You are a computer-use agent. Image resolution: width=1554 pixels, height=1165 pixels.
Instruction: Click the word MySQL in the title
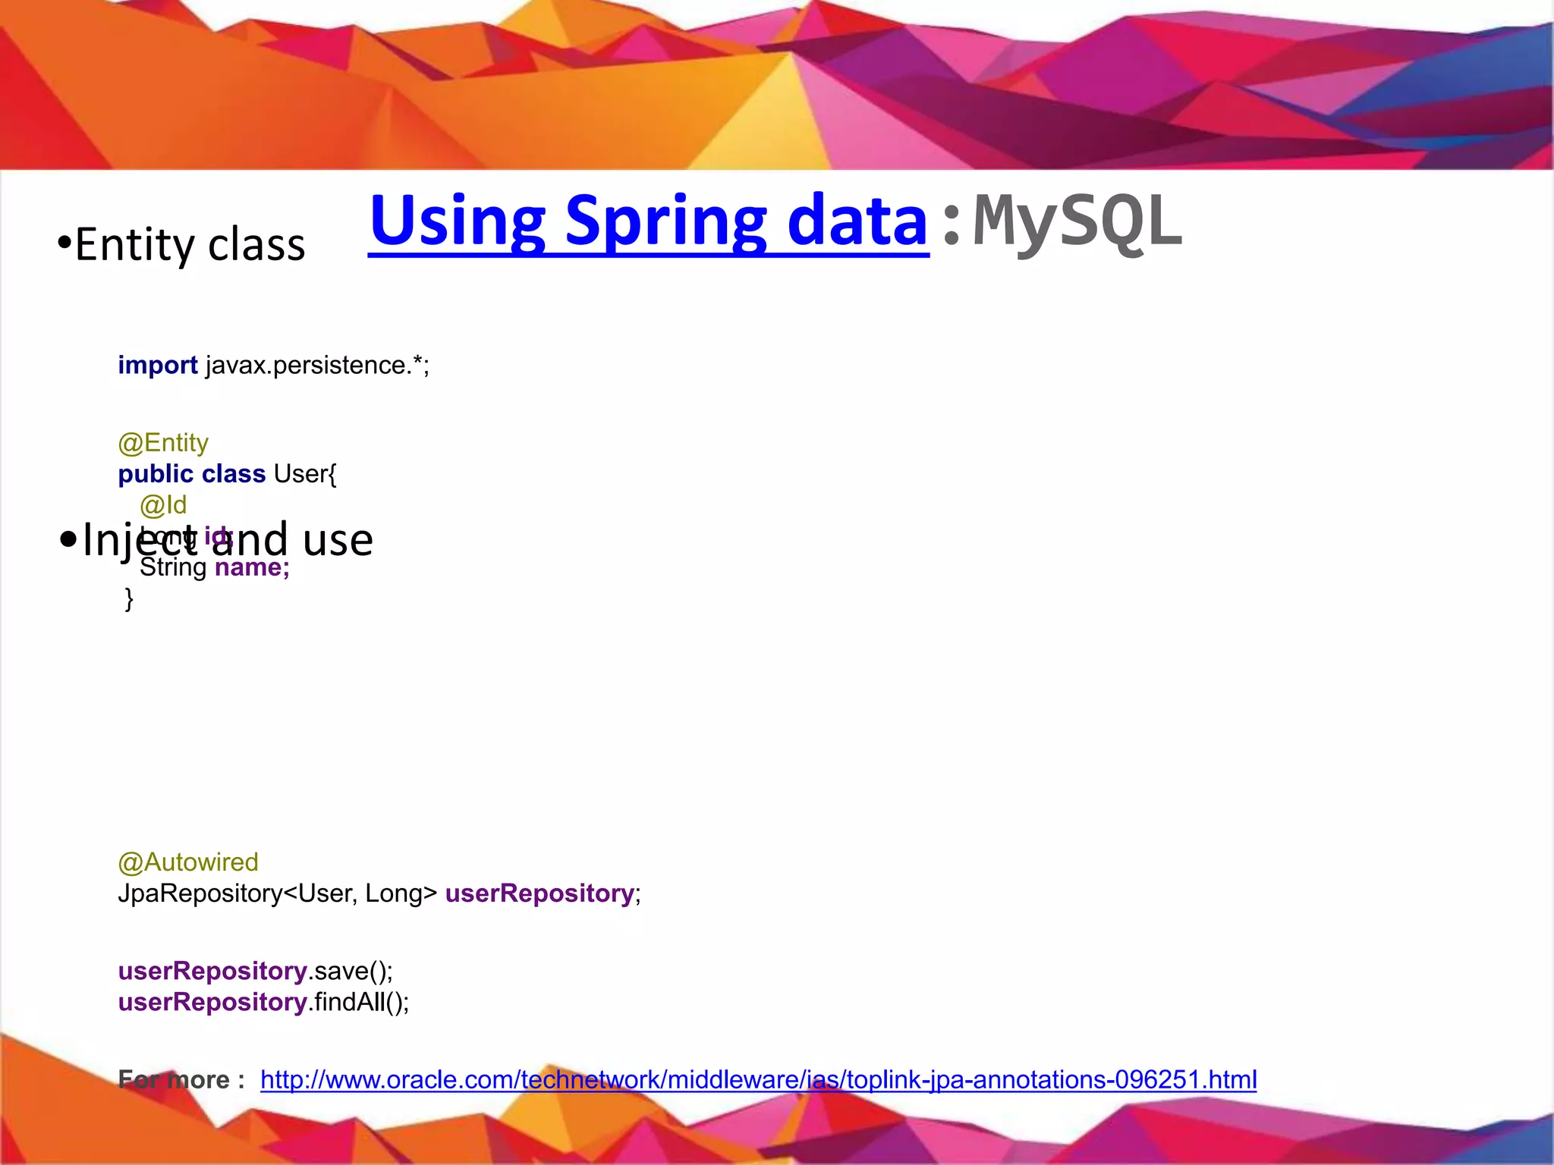1077,221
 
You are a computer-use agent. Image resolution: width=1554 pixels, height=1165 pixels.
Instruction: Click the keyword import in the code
157,366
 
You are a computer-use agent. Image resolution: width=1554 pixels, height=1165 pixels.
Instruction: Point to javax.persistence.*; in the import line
317,366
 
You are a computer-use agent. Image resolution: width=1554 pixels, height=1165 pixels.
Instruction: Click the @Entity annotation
163,443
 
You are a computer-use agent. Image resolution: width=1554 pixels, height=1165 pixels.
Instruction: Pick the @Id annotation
163,505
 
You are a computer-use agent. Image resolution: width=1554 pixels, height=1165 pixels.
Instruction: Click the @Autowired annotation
188,862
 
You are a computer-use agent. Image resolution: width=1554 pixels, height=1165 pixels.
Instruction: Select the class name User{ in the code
305,474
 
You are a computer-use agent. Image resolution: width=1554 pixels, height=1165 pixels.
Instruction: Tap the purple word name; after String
252,567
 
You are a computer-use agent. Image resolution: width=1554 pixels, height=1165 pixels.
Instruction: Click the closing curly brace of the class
129,598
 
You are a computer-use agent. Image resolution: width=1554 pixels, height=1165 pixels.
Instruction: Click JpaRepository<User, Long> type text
278,893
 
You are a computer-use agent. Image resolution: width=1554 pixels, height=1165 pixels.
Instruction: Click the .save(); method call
351,972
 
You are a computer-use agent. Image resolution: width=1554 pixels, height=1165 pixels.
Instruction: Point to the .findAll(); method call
359,1003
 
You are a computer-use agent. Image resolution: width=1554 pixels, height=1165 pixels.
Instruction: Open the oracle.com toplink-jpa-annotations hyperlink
758,1080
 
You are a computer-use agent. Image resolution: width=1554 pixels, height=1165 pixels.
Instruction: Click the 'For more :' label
181,1080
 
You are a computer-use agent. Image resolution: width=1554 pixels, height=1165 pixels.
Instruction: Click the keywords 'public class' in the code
191,474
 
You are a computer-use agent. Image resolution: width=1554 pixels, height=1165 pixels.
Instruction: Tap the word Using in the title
458,221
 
